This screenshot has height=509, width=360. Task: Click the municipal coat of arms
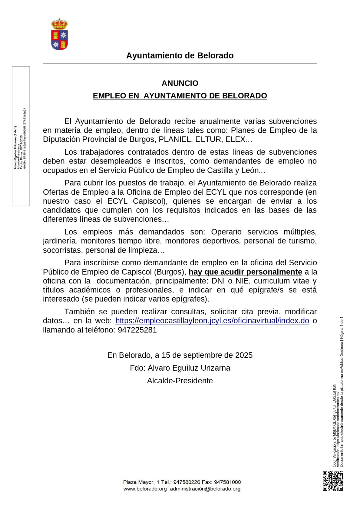pyautogui.click(x=59, y=34)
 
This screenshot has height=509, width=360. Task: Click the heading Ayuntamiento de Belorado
pyautogui.click(x=180, y=56)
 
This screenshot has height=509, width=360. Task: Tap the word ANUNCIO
pyautogui.click(x=180, y=83)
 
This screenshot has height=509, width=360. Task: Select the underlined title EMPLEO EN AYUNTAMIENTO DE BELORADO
pyautogui.click(x=180, y=96)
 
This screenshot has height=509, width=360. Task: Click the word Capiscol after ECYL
pyautogui.click(x=148, y=201)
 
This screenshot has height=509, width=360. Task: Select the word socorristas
pyautogui.click(x=63, y=250)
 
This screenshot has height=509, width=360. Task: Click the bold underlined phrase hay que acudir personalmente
pyautogui.click(x=245, y=272)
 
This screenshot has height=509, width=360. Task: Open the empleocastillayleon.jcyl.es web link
pyautogui.click(x=212, y=321)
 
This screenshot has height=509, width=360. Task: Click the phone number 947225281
pyautogui.click(x=137, y=330)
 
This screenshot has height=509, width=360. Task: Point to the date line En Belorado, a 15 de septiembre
pyautogui.click(x=180, y=355)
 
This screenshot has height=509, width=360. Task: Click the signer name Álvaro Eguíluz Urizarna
pyautogui.click(x=189, y=368)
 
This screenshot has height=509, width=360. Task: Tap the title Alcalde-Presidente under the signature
pyautogui.click(x=180, y=381)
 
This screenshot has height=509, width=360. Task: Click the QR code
pyautogui.click(x=333, y=481)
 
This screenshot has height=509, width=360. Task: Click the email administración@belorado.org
pyautogui.click(x=205, y=489)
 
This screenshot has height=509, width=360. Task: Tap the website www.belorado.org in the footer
pyautogui.click(x=145, y=489)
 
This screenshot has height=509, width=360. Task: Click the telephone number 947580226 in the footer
pyautogui.click(x=187, y=482)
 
